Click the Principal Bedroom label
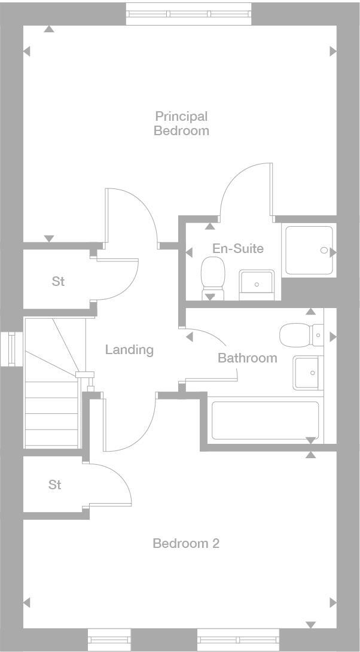click(x=181, y=123)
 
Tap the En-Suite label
click(x=238, y=248)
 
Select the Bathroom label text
click(x=247, y=358)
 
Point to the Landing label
click(x=129, y=349)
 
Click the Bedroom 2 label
click(x=186, y=543)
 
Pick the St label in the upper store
click(x=58, y=281)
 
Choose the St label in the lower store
click(x=55, y=485)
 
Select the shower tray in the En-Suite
click(x=309, y=250)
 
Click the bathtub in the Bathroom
click(x=265, y=421)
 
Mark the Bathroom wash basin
click(x=307, y=373)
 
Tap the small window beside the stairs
click(x=11, y=348)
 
